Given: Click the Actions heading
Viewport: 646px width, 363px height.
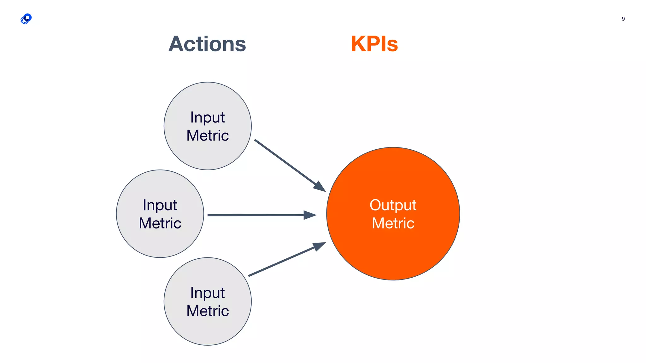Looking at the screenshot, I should tap(207, 44).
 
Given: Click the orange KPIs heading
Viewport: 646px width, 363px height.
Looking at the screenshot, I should tap(374, 44).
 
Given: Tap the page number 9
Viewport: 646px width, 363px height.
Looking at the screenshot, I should tap(623, 19).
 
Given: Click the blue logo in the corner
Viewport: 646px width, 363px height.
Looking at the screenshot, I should tap(26, 19).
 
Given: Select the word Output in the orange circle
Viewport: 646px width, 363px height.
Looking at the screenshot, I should tap(393, 205).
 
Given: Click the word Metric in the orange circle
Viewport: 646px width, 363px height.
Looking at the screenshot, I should tap(393, 223).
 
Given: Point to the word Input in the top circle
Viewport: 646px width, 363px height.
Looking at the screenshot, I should tap(207, 118).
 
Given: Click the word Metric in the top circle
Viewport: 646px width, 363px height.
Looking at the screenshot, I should tap(207, 136).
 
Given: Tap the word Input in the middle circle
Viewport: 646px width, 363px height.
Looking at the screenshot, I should tap(160, 205).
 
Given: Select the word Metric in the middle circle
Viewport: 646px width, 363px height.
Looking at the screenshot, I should tap(160, 223).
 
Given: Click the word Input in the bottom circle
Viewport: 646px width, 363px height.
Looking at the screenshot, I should tap(207, 293).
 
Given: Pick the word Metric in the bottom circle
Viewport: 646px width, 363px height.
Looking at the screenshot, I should tap(207, 311).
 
